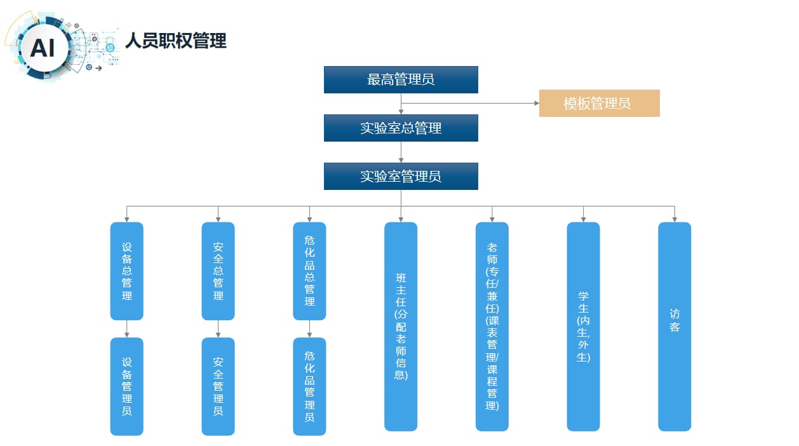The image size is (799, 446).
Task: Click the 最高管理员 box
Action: (401, 79)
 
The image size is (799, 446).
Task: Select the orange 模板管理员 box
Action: (599, 103)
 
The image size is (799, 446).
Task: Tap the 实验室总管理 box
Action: (401, 128)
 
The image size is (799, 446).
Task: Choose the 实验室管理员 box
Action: (401, 176)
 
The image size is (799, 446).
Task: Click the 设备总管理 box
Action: (127, 271)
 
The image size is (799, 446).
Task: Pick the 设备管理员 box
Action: (127, 386)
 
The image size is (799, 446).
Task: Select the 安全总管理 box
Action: (218, 271)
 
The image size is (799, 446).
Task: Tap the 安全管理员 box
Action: (218, 386)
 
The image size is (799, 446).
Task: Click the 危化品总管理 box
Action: (309, 271)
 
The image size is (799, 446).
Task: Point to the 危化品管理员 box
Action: (309, 386)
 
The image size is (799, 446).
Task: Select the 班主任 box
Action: (401, 326)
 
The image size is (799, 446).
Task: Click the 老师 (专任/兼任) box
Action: (492, 326)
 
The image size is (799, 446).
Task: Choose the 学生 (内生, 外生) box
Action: (583, 326)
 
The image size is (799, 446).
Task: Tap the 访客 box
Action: (675, 326)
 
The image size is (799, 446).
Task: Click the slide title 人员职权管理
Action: (176, 41)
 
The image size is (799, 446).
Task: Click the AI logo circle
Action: (43, 47)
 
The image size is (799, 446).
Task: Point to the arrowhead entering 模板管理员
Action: (535, 103)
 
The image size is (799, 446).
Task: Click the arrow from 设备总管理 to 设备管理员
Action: (127, 328)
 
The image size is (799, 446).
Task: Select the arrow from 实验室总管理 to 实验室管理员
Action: (401, 152)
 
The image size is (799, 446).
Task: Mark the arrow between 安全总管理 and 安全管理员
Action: (218, 328)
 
